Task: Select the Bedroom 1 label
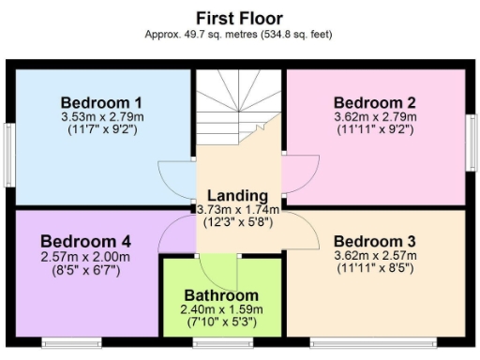click(x=101, y=102)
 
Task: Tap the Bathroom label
click(x=223, y=295)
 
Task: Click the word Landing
click(x=239, y=194)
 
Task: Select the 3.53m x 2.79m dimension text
click(x=101, y=117)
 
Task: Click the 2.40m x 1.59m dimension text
click(x=223, y=309)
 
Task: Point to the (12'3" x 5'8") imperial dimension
click(x=239, y=223)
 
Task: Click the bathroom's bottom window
click(x=223, y=342)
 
